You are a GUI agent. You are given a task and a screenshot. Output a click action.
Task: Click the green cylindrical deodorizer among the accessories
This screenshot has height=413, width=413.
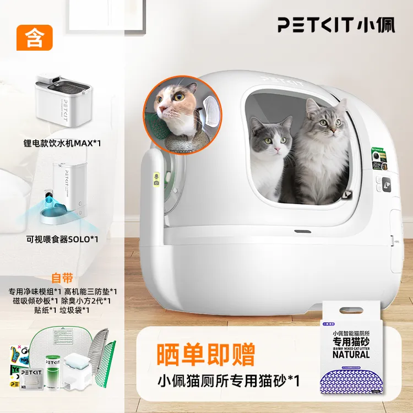(53, 369)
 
